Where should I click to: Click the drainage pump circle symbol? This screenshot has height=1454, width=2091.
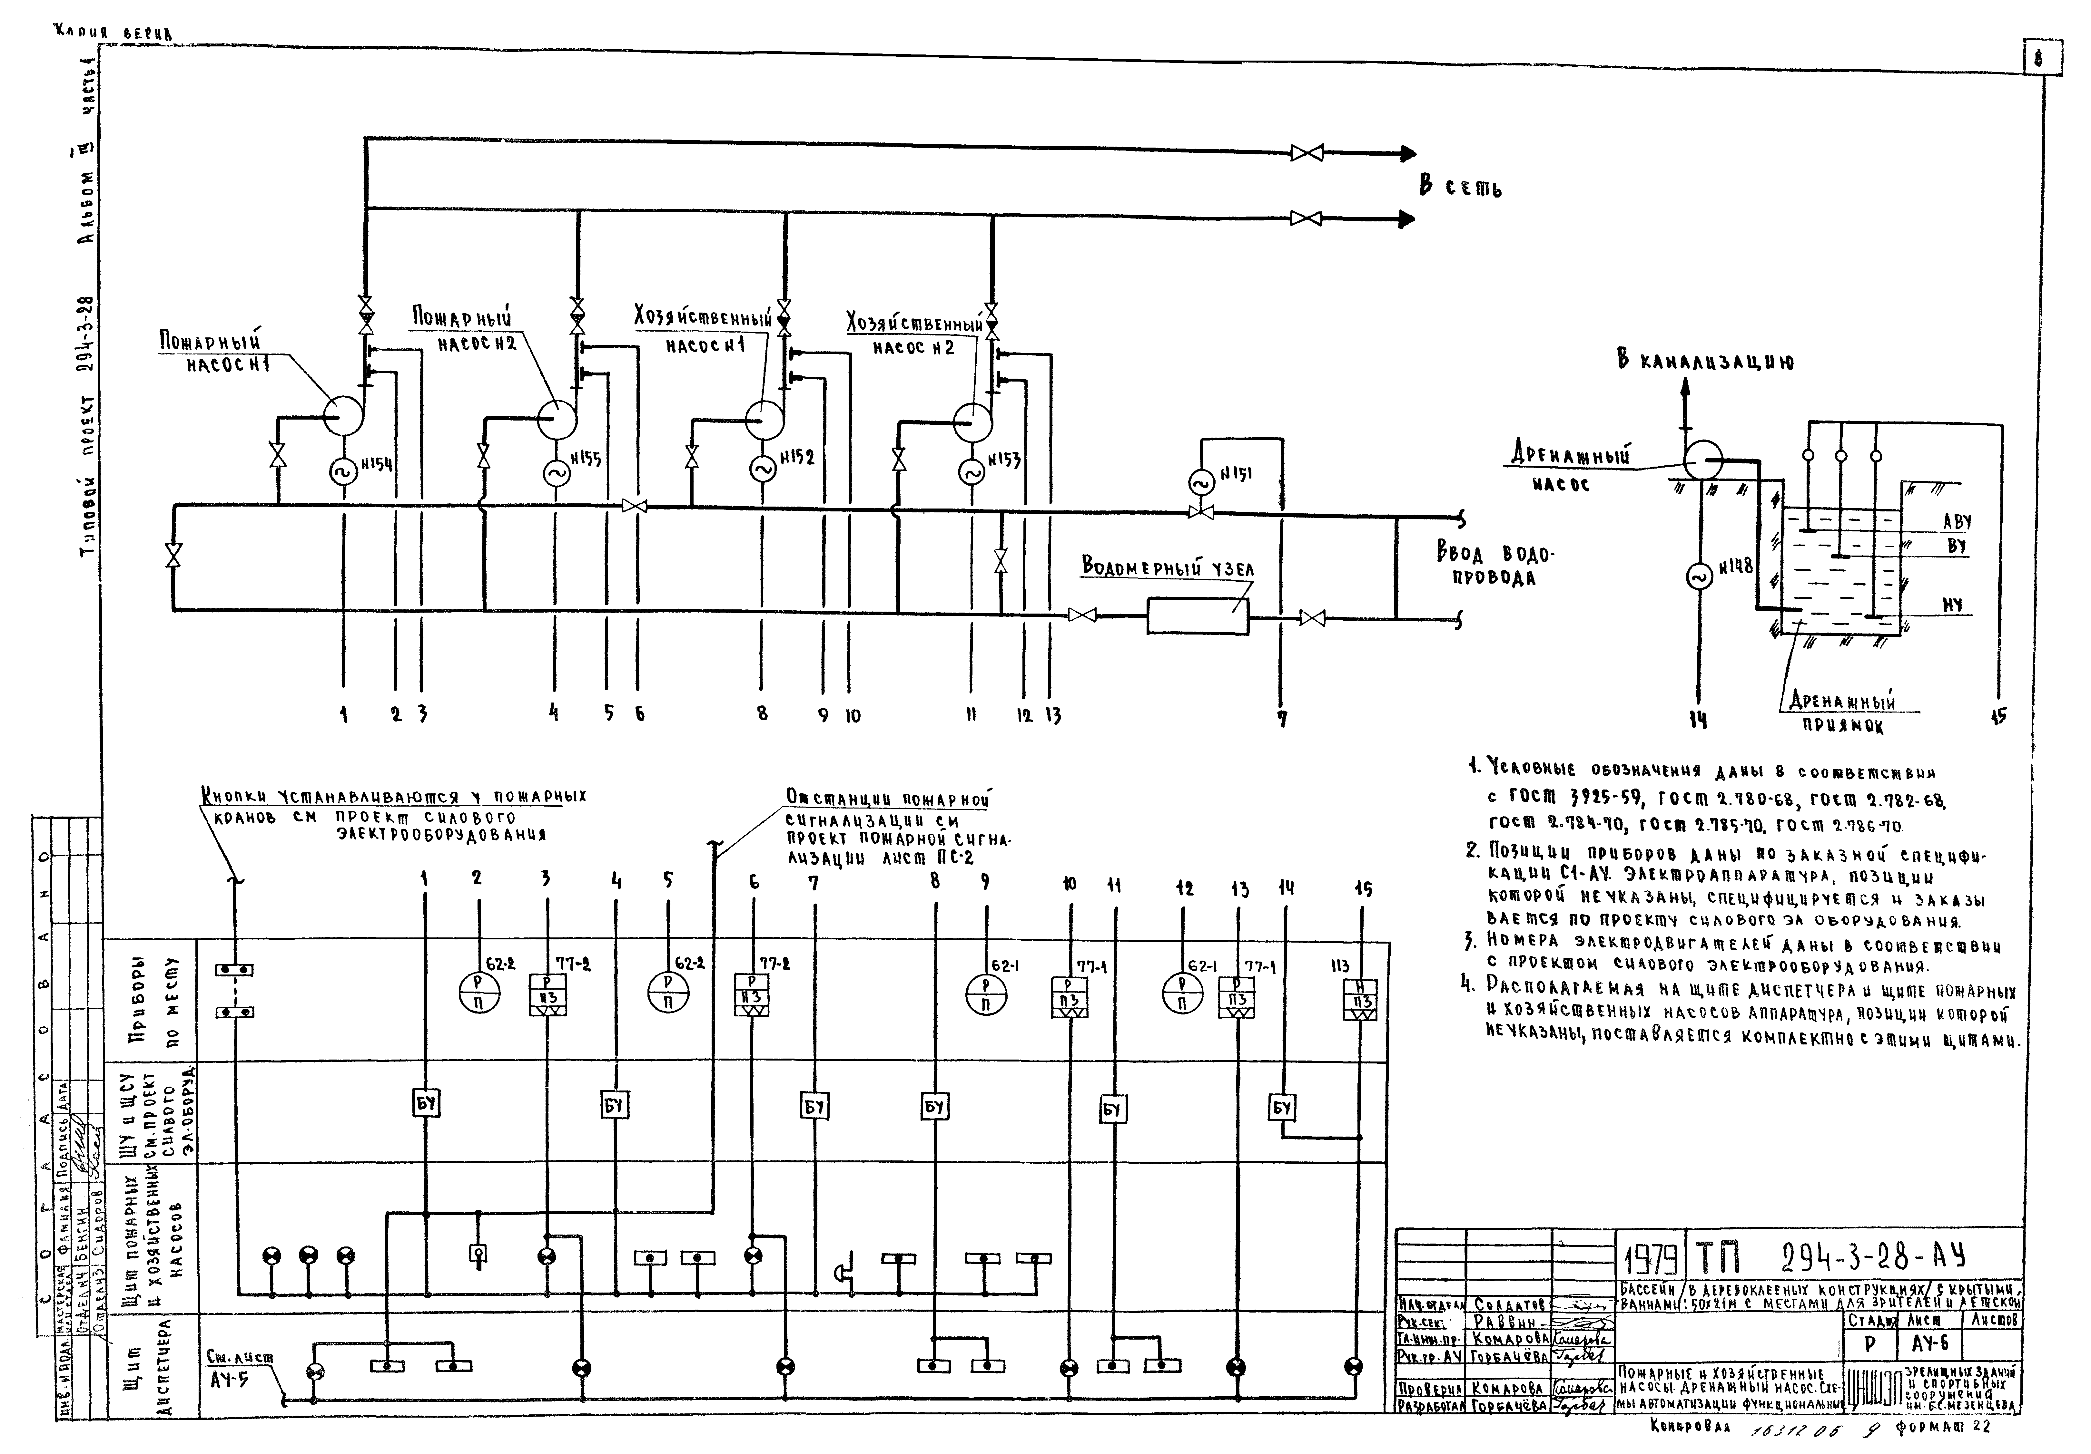[x=1701, y=460]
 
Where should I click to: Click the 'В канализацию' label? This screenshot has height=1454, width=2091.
[x=1705, y=362]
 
